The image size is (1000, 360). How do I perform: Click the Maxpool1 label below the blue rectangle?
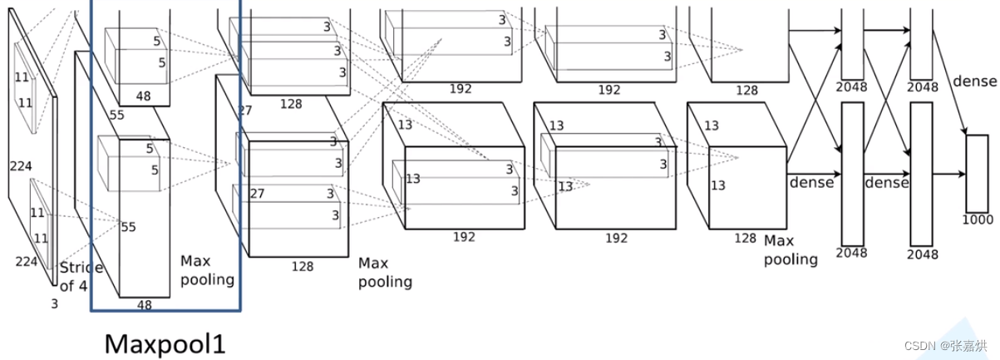tap(165, 343)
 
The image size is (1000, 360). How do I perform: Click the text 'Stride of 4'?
tap(81, 277)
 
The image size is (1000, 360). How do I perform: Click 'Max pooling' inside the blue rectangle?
tap(206, 270)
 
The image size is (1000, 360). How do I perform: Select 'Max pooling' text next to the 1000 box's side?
tap(791, 249)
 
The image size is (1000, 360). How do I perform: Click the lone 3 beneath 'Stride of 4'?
tap(55, 304)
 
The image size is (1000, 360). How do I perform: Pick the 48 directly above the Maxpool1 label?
tap(145, 305)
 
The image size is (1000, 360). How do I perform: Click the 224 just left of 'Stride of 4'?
tap(27, 262)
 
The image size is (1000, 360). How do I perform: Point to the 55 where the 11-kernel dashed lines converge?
tap(127, 227)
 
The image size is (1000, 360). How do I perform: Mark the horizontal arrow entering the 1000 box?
tap(948, 174)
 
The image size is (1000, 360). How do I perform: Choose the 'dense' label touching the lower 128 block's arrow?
tap(810, 182)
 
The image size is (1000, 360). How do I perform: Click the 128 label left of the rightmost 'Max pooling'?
tap(746, 238)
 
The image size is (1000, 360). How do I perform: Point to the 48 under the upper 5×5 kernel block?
tap(143, 96)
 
